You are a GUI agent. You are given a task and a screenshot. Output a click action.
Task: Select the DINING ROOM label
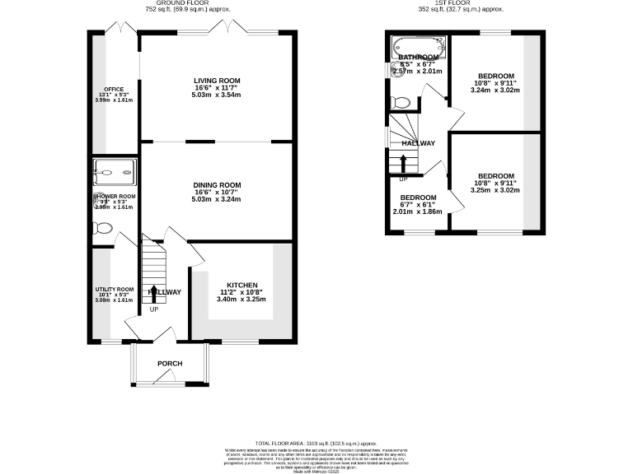pos(217,185)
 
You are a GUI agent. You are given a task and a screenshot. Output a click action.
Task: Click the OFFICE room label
pos(113,89)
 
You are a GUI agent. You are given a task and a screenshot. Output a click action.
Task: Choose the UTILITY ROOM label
pos(114,290)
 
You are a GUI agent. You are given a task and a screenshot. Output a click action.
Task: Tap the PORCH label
pos(170,364)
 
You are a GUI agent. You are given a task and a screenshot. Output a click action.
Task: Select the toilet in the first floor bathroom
pos(400,102)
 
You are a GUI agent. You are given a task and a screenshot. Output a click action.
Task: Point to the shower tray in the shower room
pos(114,172)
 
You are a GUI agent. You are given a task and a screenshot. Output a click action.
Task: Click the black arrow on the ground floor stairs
pos(155,291)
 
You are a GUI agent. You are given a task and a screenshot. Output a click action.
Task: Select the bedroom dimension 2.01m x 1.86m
pos(418,211)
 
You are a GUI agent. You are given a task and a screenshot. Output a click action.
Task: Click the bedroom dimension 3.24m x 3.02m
pos(496,91)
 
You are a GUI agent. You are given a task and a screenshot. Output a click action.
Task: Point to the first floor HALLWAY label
pos(419,143)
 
